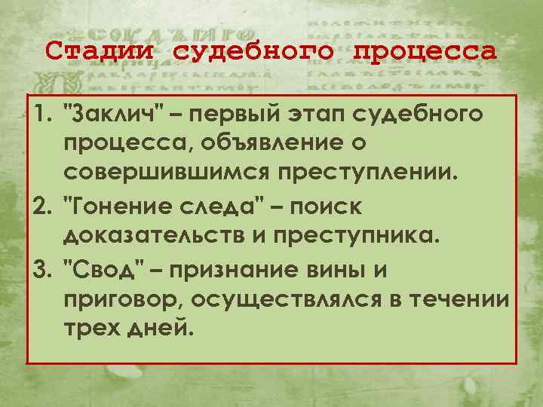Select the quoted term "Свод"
point(106,268)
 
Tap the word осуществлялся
point(299,299)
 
